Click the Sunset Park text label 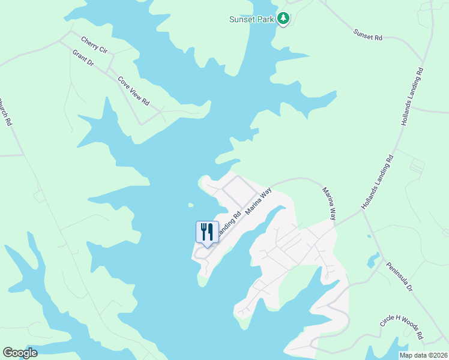click(252, 19)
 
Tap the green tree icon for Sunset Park click(283, 19)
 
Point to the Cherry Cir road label click(94, 45)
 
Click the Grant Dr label click(83, 58)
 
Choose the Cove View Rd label click(133, 91)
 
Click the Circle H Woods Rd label click(402, 326)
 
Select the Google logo click(20, 353)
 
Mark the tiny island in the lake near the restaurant click(191, 205)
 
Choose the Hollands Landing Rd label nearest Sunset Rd click(412, 96)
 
